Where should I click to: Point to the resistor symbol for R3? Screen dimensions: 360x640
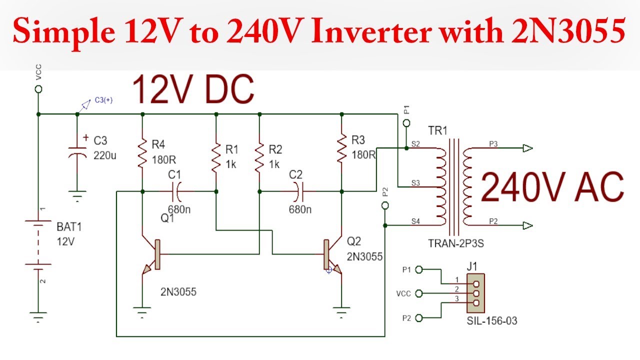click(x=341, y=147)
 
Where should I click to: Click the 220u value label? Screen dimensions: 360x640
click(x=105, y=155)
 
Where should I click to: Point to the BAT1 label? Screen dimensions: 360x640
click(x=69, y=227)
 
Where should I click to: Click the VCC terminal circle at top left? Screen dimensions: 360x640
click(x=38, y=89)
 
